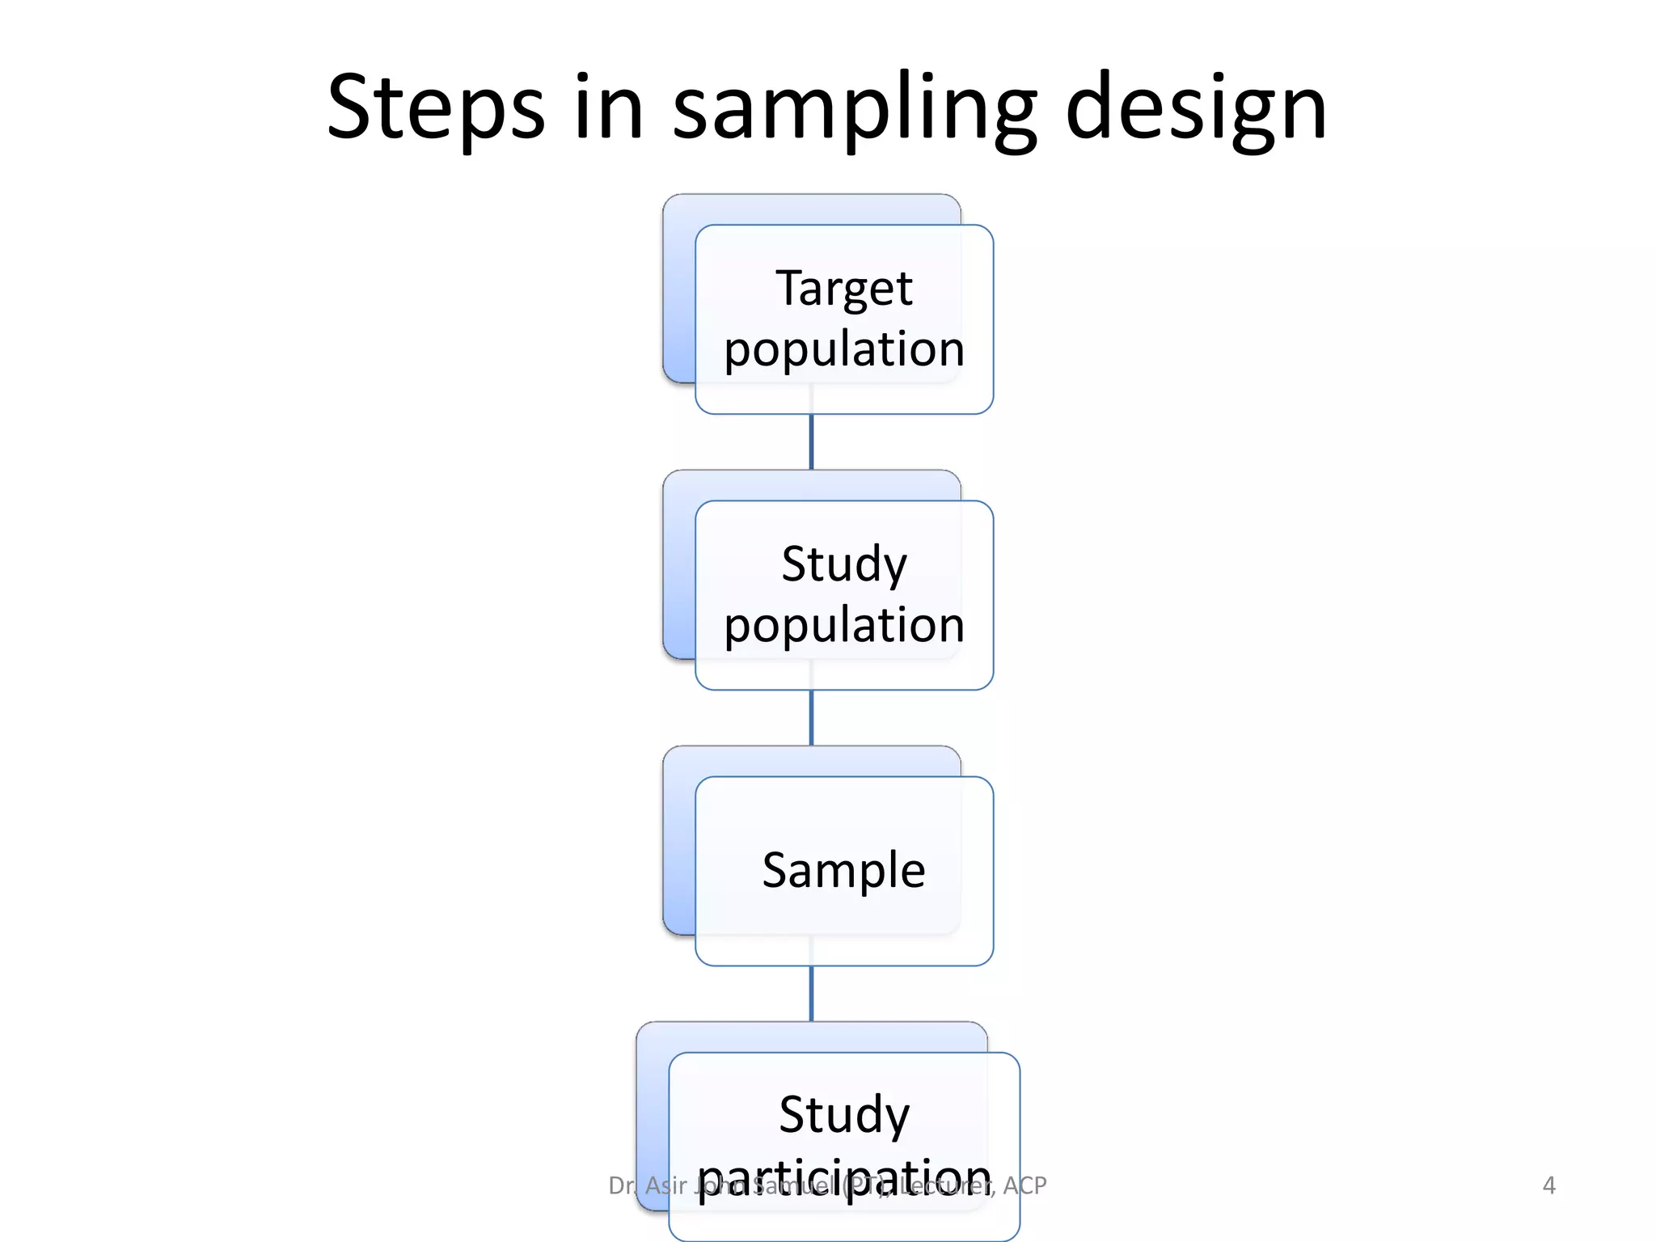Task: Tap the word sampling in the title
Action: click(x=855, y=109)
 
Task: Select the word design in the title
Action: click(x=1196, y=109)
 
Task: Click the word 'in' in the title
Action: click(x=608, y=109)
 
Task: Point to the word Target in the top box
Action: click(x=844, y=288)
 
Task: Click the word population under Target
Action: click(x=844, y=350)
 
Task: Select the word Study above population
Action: click(x=844, y=564)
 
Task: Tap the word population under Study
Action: click(x=844, y=626)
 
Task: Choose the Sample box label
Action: click(x=844, y=870)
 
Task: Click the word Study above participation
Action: click(x=844, y=1115)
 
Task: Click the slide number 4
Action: click(x=1548, y=1185)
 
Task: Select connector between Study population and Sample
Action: click(x=811, y=718)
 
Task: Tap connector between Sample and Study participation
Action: click(x=811, y=994)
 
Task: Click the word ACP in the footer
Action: click(x=1024, y=1185)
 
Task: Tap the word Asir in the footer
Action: click(x=666, y=1185)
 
